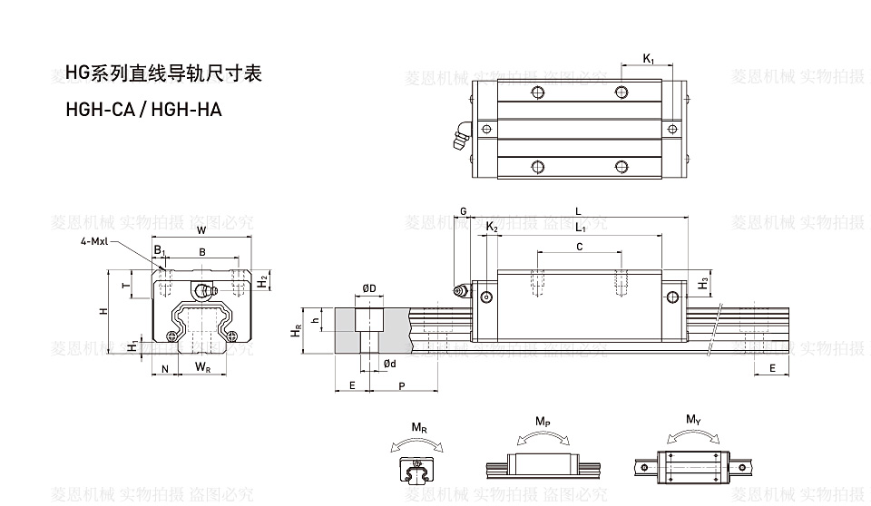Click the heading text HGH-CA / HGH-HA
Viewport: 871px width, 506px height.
pyautogui.click(x=143, y=110)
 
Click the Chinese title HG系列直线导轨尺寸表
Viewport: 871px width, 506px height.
pyautogui.click(x=163, y=73)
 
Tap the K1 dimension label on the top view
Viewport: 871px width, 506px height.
pyautogui.click(x=649, y=59)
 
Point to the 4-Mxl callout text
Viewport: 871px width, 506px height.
pyautogui.click(x=95, y=241)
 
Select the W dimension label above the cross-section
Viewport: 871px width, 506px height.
pyautogui.click(x=201, y=229)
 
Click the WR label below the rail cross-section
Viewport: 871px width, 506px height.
pyautogui.click(x=204, y=367)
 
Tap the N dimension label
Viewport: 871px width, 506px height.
pyautogui.click(x=164, y=368)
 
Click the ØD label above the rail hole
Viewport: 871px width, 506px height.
pyautogui.click(x=369, y=288)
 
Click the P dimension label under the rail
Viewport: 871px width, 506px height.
pyautogui.click(x=402, y=386)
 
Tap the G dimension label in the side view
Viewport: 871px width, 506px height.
pyautogui.click(x=463, y=211)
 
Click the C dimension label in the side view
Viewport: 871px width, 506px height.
pyautogui.click(x=580, y=246)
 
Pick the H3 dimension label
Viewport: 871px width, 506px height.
pyautogui.click(x=704, y=284)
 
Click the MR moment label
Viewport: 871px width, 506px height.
pyautogui.click(x=418, y=427)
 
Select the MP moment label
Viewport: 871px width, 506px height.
pyautogui.click(x=543, y=423)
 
